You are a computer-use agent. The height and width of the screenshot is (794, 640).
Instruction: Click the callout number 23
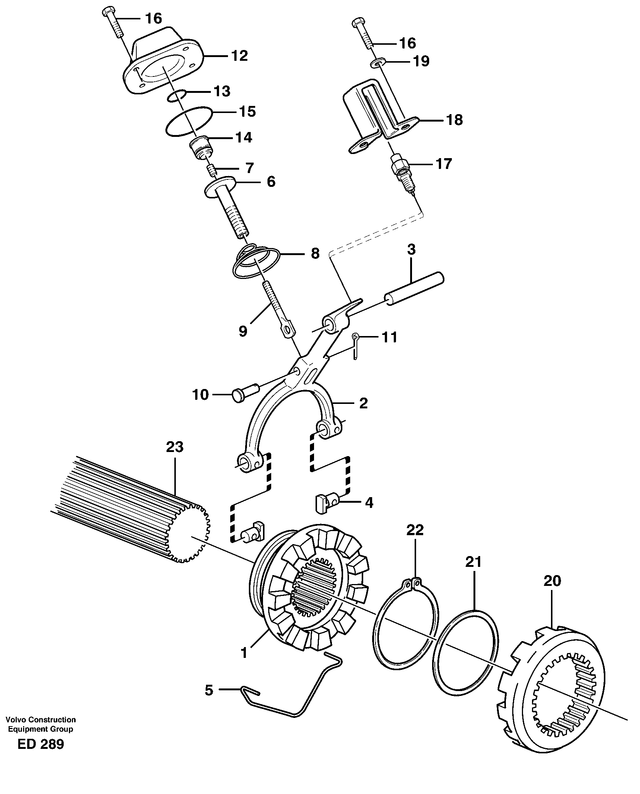175,447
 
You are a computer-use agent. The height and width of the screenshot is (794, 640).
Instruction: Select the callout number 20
552,581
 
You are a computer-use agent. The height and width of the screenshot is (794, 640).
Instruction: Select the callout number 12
239,56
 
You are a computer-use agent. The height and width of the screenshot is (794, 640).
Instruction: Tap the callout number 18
454,120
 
